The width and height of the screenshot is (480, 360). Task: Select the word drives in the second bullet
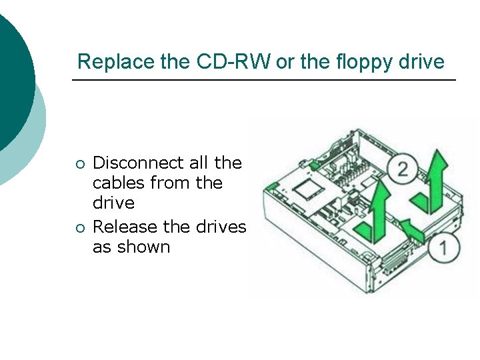coord(221,227)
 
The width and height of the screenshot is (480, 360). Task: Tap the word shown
coord(143,247)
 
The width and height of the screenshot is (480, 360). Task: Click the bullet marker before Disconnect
coord(80,164)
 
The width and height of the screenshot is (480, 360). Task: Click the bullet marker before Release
coord(80,228)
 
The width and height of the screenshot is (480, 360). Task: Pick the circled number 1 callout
coord(445,249)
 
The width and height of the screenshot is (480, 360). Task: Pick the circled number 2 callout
coord(403,169)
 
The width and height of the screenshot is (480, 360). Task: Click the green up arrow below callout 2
coord(374,210)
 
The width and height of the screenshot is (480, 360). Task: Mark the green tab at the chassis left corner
coord(271,185)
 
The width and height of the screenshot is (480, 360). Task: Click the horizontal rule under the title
coord(264,81)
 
